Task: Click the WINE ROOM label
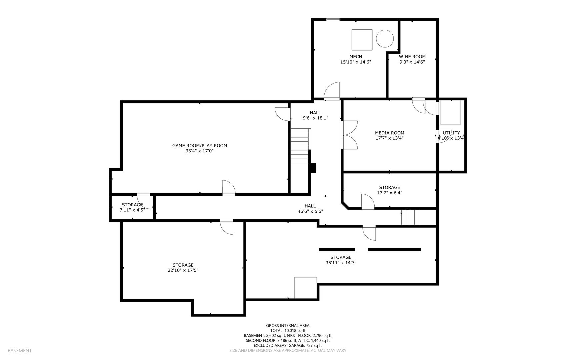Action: point(412,57)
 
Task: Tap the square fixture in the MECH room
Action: point(362,40)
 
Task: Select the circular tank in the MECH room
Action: point(385,38)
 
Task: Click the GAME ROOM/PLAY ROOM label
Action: point(199,146)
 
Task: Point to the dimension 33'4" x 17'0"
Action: point(199,151)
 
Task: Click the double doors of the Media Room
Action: point(349,135)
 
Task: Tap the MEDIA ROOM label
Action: point(389,133)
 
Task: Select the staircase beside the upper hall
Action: point(300,146)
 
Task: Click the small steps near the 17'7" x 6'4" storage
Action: point(410,217)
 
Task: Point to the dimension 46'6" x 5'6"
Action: point(310,211)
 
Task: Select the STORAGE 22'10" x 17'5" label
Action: point(183,265)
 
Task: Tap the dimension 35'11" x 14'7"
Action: point(341,263)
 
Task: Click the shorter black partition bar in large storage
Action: point(337,249)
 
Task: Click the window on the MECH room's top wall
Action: point(333,20)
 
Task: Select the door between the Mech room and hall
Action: point(332,91)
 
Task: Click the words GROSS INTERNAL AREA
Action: point(287,326)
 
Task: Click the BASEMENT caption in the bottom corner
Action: point(20,351)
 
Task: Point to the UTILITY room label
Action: point(451,133)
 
